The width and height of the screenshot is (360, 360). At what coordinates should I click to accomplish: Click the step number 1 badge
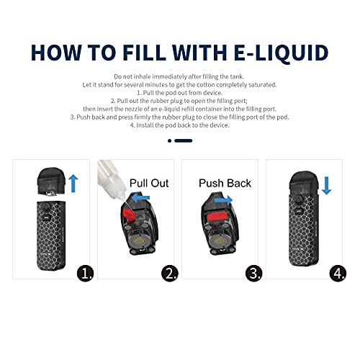[x=87, y=274]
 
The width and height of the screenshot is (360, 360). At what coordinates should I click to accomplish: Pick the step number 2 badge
[x=170, y=274]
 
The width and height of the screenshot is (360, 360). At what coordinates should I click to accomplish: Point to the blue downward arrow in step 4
[x=326, y=186]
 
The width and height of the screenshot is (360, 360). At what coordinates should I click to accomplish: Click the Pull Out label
[x=148, y=182]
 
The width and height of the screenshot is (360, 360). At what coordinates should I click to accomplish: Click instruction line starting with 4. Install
[x=179, y=125]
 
